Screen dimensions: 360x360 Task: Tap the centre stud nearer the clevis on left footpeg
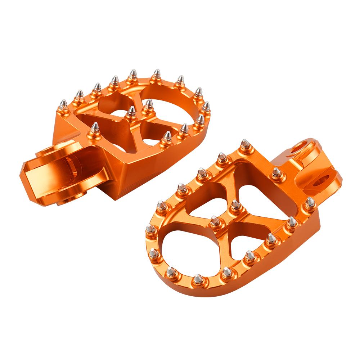click(132, 111)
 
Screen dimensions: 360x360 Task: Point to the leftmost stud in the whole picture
click(63, 104)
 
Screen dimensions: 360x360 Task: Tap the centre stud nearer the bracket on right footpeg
click(235, 206)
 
